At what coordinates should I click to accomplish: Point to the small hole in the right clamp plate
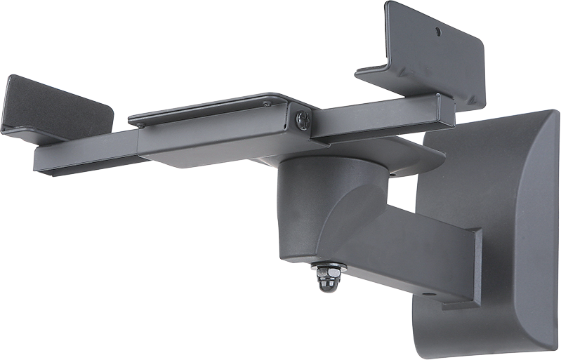pos(439,32)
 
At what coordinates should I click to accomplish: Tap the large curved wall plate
pos(491,232)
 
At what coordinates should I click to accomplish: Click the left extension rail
pos(84,152)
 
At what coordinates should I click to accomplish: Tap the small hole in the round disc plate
pos(394,171)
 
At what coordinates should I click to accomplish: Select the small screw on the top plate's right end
pos(267,105)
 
